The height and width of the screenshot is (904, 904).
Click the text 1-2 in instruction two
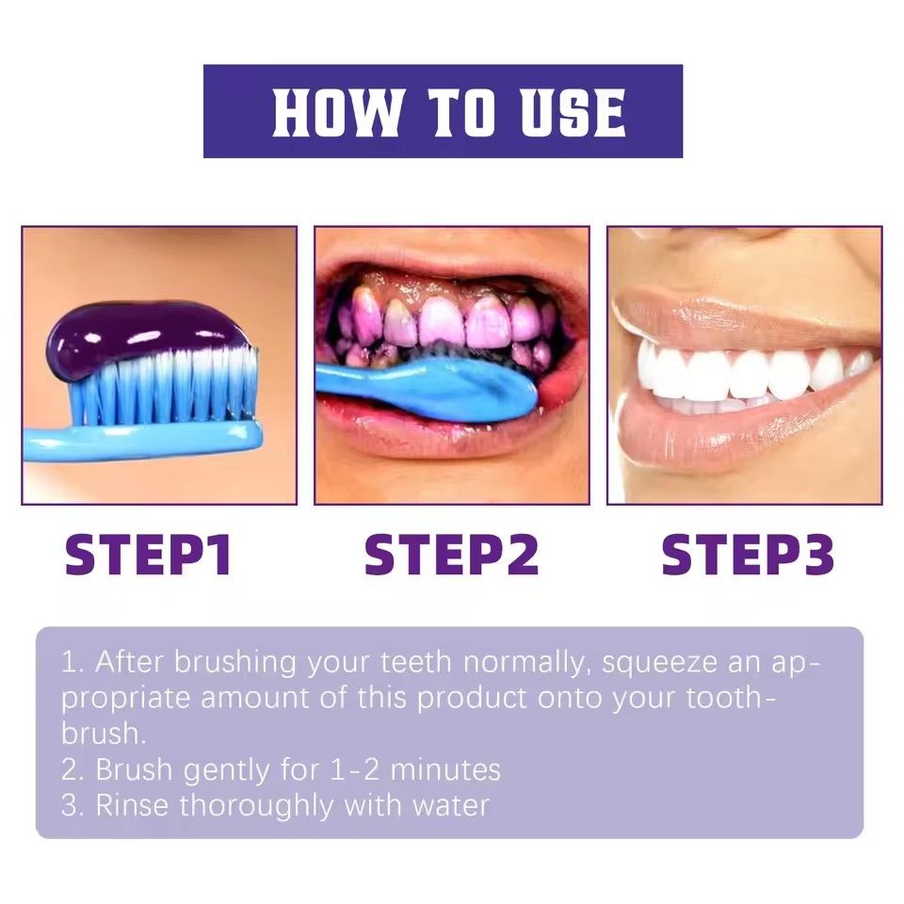pyautogui.click(x=354, y=770)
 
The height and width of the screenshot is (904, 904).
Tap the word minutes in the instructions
pyautogui.click(x=444, y=770)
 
